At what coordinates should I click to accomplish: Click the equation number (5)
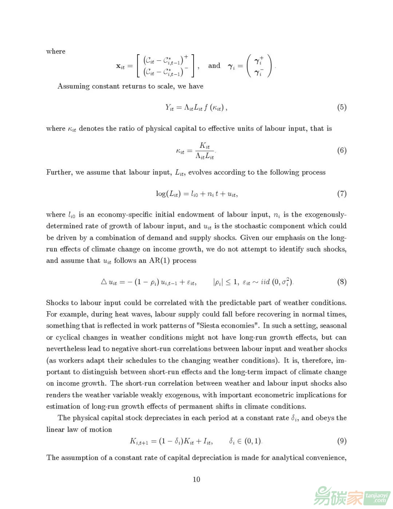(341, 107)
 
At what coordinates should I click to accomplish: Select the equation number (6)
(341, 150)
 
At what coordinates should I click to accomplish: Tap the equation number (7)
(341, 193)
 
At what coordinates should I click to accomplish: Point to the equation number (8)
(341, 282)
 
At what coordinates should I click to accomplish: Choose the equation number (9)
(341, 441)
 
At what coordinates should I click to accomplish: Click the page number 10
(196, 479)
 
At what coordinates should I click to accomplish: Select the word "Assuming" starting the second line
(73, 86)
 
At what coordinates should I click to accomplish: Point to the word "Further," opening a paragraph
(59, 172)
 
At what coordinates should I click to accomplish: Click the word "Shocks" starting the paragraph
(58, 303)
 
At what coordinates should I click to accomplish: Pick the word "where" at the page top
(56, 51)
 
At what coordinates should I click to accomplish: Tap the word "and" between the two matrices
(214, 66)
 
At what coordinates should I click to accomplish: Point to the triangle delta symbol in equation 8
(103, 282)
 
